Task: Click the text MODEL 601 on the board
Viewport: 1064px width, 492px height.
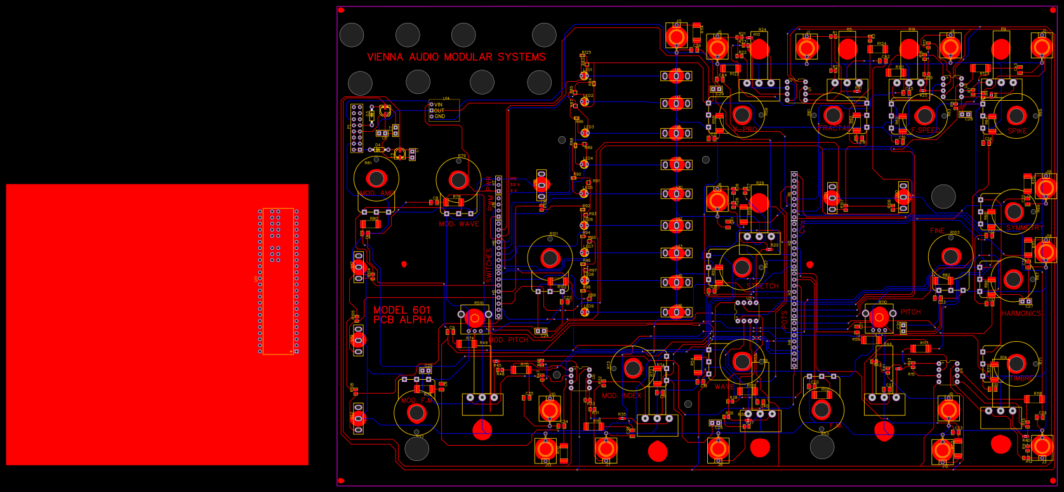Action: tap(401, 310)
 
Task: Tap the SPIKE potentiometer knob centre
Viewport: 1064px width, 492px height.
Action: tap(1016, 115)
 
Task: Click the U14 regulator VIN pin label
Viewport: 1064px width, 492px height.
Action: tap(438, 105)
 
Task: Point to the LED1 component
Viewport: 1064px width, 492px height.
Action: tap(584, 75)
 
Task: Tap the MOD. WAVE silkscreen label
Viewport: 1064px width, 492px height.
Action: tap(458, 224)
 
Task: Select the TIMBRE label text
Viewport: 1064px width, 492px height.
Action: tap(1021, 379)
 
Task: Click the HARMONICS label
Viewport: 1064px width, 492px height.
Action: tap(1021, 313)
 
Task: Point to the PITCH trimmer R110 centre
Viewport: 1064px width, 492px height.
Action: tap(879, 316)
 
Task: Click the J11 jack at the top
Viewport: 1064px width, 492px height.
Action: tap(677, 36)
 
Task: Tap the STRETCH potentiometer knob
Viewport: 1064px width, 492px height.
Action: tap(741, 268)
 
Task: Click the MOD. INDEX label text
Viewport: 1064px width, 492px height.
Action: tap(621, 396)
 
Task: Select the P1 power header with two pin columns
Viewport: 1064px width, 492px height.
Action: tap(357, 127)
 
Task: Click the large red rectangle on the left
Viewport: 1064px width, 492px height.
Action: tap(127, 324)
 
